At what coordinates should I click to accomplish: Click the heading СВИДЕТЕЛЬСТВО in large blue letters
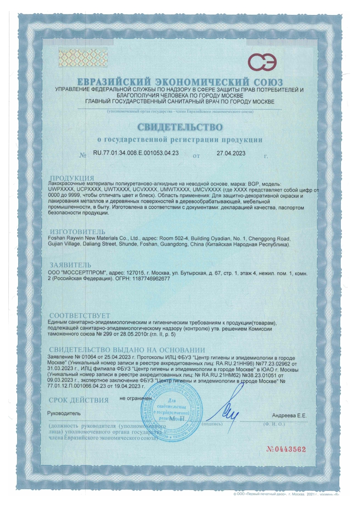point(180,127)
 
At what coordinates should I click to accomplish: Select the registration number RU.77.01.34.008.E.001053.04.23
point(136,154)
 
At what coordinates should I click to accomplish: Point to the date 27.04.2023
point(231,154)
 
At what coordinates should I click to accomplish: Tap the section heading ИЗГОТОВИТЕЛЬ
point(77,231)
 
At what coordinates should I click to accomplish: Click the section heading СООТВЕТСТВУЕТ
point(80,315)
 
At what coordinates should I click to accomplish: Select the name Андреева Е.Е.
point(289,416)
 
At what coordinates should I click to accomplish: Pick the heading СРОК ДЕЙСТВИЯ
point(78,400)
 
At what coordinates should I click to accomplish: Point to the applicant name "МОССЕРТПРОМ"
point(78,272)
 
